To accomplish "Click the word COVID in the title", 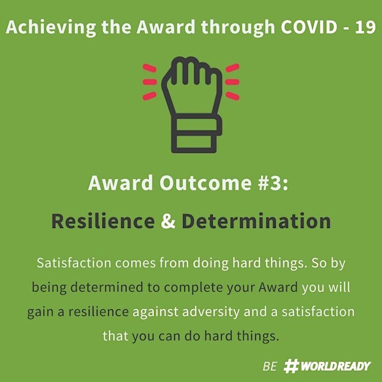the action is (309, 27).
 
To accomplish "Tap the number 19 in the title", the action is (366, 27).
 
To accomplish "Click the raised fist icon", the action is (192, 105).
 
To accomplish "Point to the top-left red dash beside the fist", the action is (149, 68).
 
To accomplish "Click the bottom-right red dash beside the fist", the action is (233, 95).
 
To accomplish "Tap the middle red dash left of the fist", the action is (150, 82).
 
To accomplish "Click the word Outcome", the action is (205, 183).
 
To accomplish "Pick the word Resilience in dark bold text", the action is (103, 221).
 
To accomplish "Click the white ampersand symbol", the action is (168, 221).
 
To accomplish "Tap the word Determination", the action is (256, 221).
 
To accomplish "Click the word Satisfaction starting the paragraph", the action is (74, 263).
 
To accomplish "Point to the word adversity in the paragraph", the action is (211, 312).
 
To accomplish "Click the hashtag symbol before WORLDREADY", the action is (291, 366).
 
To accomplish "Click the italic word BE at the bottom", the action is (270, 366).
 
